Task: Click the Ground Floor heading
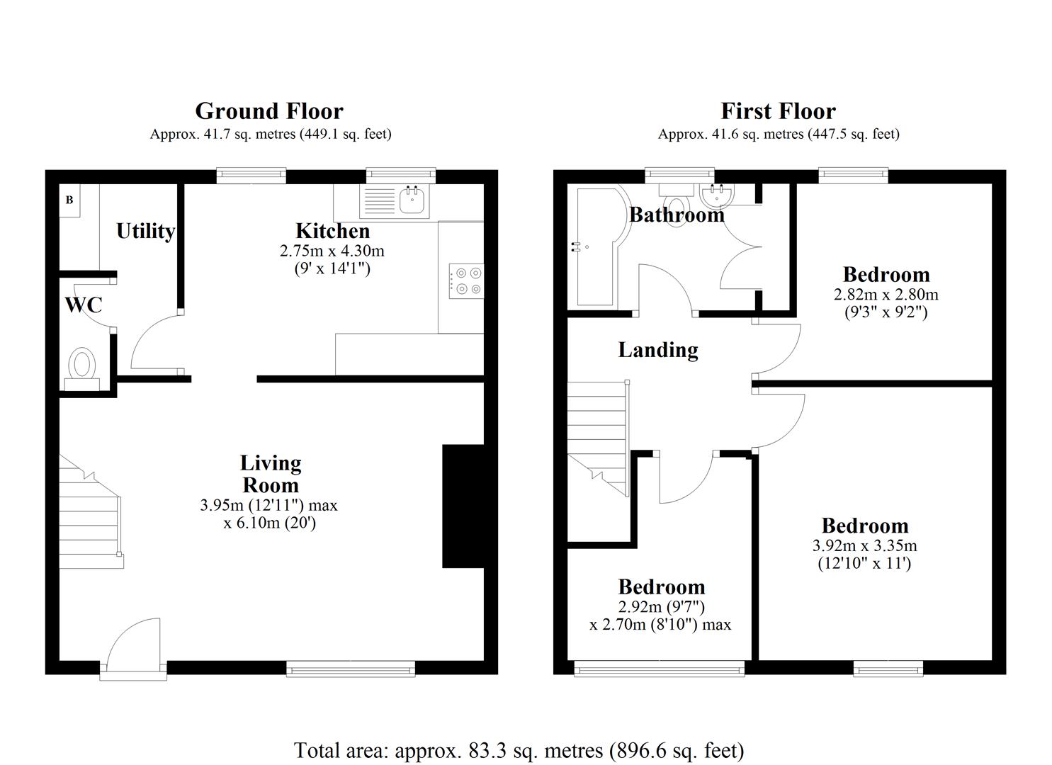(x=269, y=111)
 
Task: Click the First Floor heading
(x=778, y=111)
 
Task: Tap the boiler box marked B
(x=69, y=200)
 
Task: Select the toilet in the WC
(x=82, y=365)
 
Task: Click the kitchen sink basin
(x=413, y=200)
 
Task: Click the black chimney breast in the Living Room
(x=463, y=506)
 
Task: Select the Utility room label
(x=145, y=231)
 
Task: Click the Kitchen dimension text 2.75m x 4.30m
(x=332, y=251)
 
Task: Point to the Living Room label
(x=271, y=474)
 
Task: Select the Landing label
(x=658, y=350)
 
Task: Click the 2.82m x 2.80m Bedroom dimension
(x=886, y=294)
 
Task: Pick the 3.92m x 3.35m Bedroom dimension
(x=864, y=545)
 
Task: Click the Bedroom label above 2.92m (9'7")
(x=662, y=586)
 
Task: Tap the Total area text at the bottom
(x=519, y=750)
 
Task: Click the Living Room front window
(x=351, y=668)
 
